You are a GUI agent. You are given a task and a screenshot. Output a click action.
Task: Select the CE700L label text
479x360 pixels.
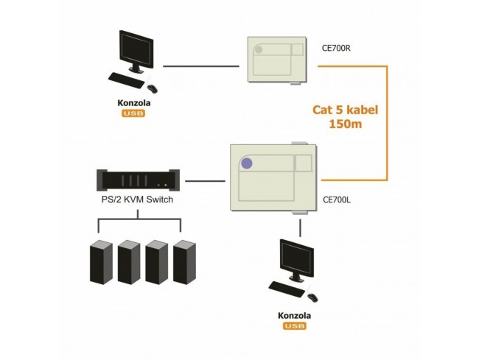337,199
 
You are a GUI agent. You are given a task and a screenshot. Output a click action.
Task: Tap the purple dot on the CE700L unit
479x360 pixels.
246,163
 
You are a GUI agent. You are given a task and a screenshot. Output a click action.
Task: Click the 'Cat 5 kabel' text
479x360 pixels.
345,110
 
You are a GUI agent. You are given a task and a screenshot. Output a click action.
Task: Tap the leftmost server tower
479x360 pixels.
100,262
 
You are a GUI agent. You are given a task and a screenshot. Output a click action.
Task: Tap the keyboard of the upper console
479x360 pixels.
127,77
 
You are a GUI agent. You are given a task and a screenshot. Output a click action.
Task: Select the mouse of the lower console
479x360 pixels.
312,297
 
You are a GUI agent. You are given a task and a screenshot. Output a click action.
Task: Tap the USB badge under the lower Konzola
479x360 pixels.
294,326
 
